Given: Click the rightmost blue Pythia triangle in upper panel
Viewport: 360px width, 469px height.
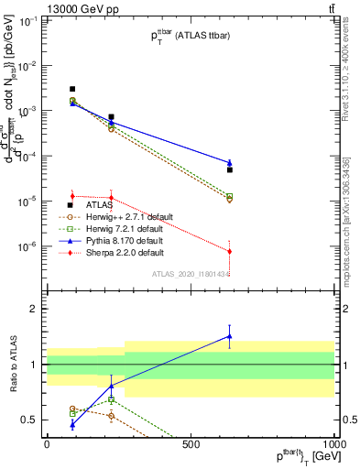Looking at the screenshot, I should point(229,163).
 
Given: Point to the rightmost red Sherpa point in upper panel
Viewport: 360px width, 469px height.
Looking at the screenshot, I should point(229,251).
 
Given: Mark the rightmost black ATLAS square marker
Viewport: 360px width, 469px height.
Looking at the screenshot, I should point(229,169).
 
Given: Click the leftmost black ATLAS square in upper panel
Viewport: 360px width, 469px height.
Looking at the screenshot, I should point(72,89).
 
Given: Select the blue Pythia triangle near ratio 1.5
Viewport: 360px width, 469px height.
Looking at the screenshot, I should point(229,336).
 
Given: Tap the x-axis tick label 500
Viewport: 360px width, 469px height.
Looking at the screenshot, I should point(191,445).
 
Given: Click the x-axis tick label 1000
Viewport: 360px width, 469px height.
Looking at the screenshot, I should point(334,445).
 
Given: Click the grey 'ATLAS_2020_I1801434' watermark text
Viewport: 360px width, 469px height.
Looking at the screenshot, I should point(191,273).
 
